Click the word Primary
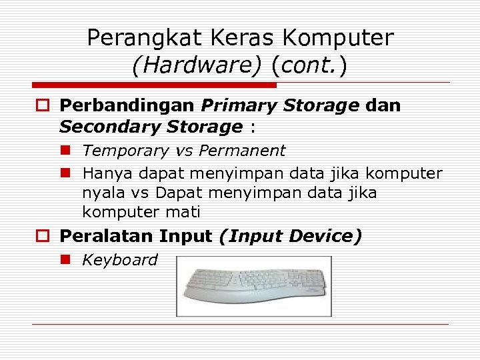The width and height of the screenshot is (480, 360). tap(241, 105)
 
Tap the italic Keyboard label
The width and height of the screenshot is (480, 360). tap(119, 260)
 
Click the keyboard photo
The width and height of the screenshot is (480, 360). tap(254, 286)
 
